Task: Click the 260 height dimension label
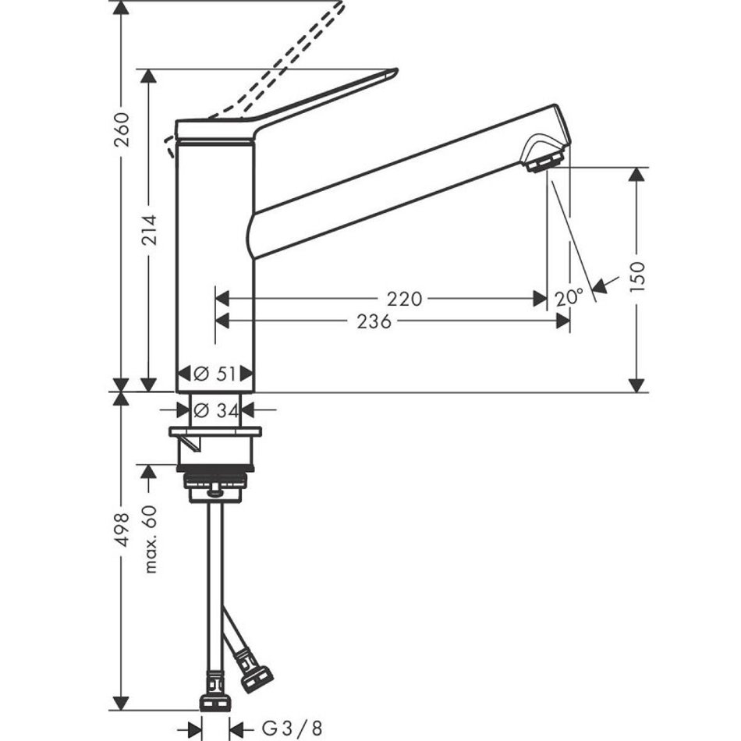click(x=122, y=129)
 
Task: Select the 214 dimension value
click(x=149, y=230)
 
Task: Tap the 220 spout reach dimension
click(x=404, y=299)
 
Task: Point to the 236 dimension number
click(x=374, y=321)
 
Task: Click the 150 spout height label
click(x=637, y=276)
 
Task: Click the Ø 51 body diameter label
click(x=214, y=374)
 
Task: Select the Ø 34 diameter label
click(x=216, y=410)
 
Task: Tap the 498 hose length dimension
click(x=122, y=530)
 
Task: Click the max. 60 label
click(x=150, y=539)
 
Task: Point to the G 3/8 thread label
click(x=292, y=729)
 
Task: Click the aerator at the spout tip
click(x=544, y=161)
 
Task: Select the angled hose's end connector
click(x=256, y=679)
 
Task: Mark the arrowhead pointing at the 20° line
click(x=599, y=286)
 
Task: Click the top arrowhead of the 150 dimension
click(x=637, y=174)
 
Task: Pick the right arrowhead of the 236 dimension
click(x=563, y=321)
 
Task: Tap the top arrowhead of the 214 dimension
click(x=149, y=76)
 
